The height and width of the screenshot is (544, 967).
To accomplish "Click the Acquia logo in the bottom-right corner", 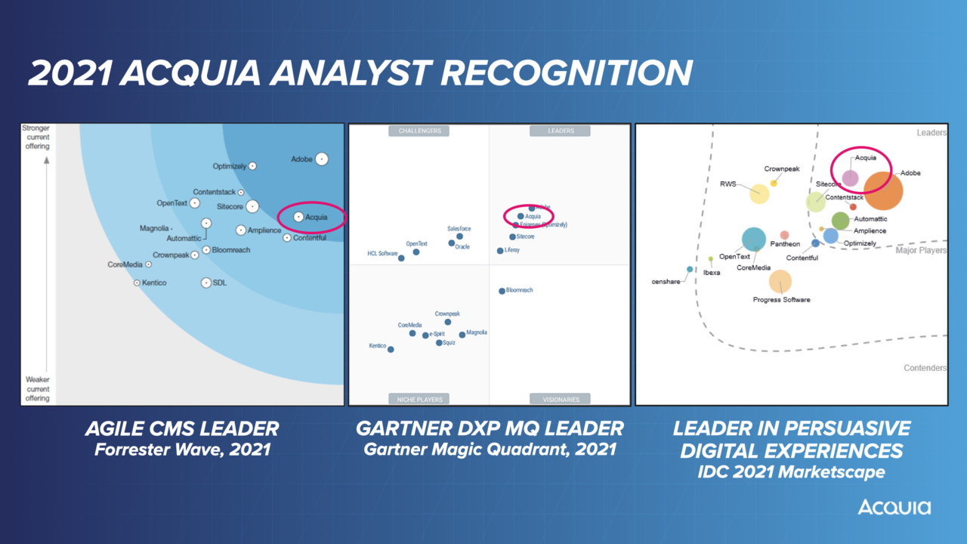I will [894, 506].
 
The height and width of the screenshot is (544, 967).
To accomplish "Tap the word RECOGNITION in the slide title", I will [567, 73].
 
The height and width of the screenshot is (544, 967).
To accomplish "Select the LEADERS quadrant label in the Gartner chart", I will [561, 131].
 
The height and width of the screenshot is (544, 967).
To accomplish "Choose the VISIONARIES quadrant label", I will [561, 399].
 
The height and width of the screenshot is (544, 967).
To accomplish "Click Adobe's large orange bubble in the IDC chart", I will [883, 190].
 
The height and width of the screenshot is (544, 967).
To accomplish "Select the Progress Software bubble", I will [780, 282].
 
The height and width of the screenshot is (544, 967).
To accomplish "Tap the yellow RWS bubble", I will [759, 193].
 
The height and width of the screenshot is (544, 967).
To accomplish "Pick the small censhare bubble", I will [690, 269].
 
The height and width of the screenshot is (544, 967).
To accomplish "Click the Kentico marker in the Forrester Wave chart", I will [137, 283].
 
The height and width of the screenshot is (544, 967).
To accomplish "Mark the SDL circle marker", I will [206, 283].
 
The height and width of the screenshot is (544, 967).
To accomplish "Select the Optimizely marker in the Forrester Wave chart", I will [253, 166].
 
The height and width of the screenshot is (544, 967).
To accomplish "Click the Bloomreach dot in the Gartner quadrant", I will [502, 291].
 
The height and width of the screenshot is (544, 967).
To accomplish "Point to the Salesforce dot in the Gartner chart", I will [459, 236].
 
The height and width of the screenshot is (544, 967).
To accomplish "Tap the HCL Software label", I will [382, 254].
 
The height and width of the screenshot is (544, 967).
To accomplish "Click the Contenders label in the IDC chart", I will [925, 368].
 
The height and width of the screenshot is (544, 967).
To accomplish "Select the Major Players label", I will [921, 250].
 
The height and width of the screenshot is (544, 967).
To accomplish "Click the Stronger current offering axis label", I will [36, 137].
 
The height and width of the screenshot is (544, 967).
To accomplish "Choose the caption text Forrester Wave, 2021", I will [181, 450].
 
